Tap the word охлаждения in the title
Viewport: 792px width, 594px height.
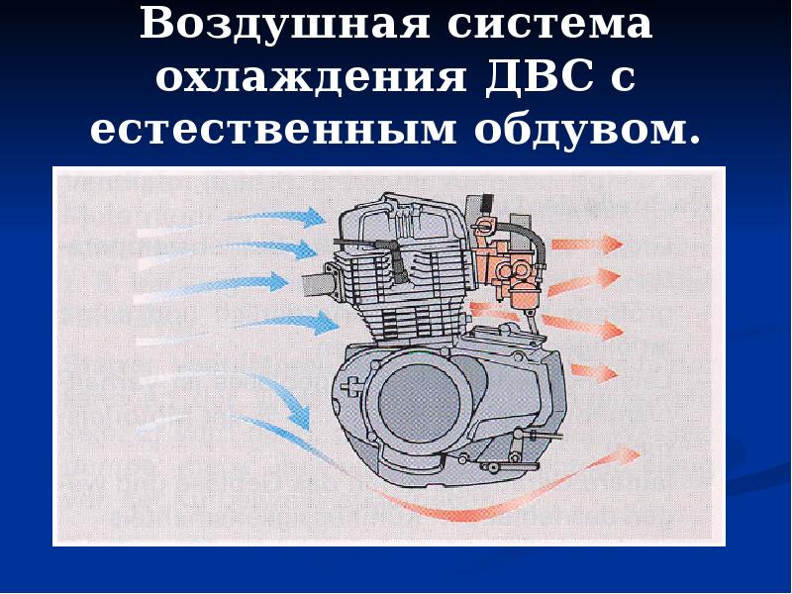pyautogui.click(x=311, y=78)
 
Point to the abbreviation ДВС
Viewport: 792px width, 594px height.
pyautogui.click(x=540, y=76)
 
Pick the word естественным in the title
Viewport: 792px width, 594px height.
pyautogui.click(x=273, y=130)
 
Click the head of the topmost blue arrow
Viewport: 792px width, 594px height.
pyautogui.click(x=313, y=217)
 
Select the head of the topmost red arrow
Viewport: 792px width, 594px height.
pyautogui.click(x=611, y=245)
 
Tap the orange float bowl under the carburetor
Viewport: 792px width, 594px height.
pyautogui.click(x=524, y=296)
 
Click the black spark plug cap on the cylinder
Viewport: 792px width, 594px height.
pyautogui.click(x=399, y=262)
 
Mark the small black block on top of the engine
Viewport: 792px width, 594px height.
pyautogui.click(x=488, y=203)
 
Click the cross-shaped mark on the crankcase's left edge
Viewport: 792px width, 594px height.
pyautogui.click(x=348, y=386)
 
